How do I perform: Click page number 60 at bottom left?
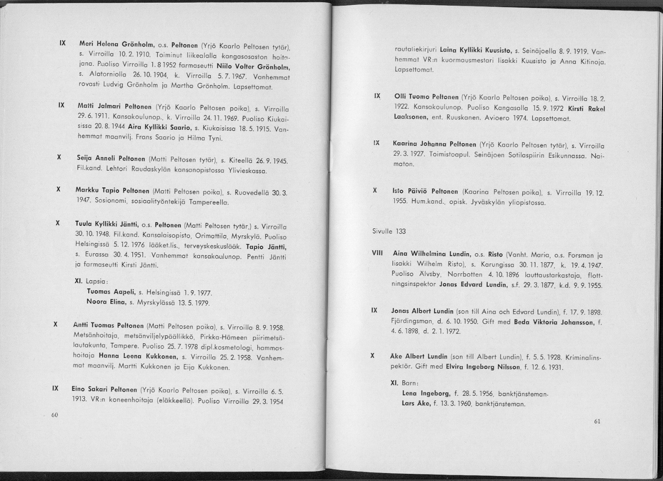(x=55, y=415)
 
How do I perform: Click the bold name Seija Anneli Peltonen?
(x=111, y=159)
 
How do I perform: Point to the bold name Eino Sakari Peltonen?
(x=105, y=389)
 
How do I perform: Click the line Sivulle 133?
(x=389, y=231)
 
